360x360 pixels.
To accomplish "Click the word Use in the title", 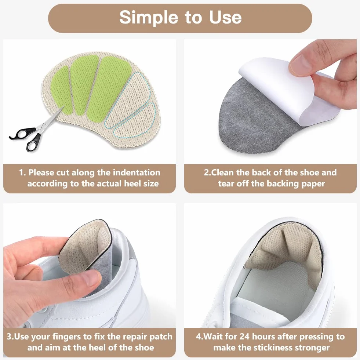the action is click(225, 18).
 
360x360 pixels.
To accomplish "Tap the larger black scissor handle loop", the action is click(33, 142).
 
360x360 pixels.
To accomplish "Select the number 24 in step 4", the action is click(244, 337).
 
